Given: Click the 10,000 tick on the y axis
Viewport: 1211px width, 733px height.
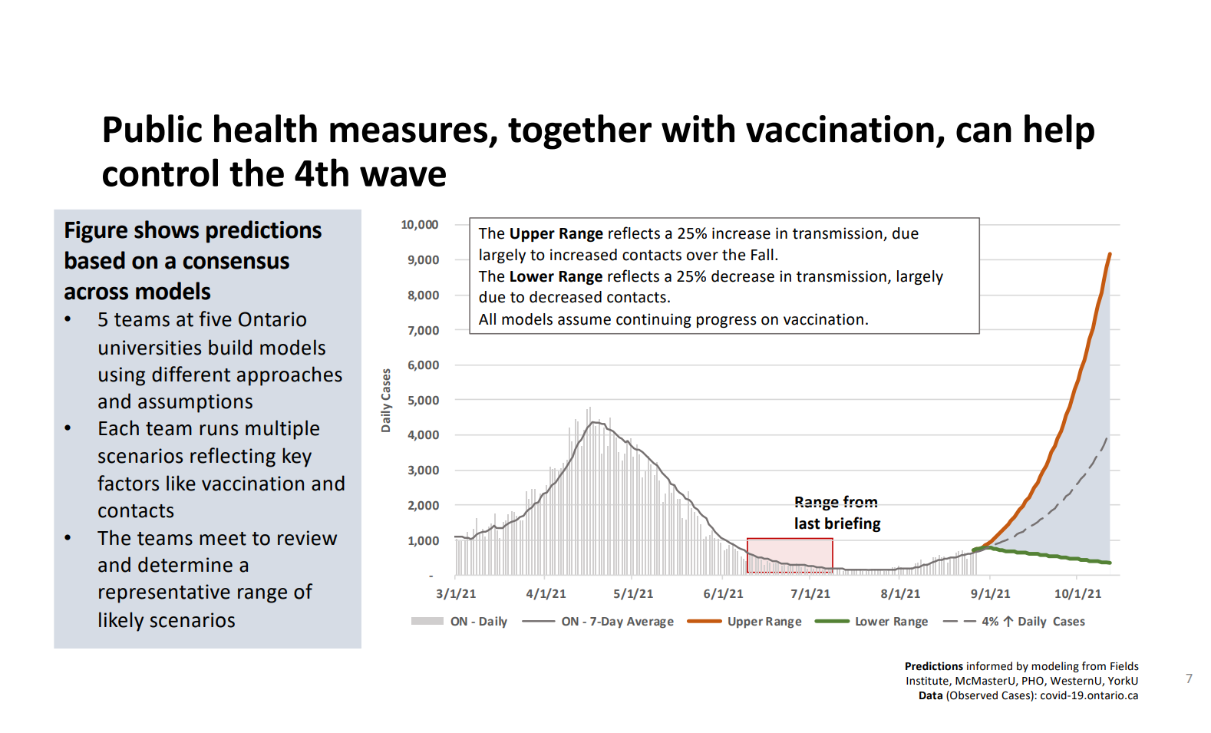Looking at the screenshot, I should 419,225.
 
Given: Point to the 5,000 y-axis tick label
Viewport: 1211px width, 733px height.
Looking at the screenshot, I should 423,400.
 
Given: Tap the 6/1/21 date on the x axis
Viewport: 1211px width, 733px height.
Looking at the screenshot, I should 723,593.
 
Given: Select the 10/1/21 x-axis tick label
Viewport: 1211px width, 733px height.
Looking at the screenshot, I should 1077,593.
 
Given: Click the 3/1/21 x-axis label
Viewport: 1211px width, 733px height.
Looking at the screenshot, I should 456,593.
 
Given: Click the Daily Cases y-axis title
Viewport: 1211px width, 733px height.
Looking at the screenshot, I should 386,400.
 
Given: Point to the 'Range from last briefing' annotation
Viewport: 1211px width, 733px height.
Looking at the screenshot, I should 836,513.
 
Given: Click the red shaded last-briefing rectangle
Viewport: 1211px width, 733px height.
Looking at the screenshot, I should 790,555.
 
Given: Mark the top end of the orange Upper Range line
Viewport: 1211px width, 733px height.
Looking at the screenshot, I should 1109,255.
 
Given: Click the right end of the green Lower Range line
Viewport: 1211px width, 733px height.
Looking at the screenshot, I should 1110,563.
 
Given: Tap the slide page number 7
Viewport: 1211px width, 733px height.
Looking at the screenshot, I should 1189,679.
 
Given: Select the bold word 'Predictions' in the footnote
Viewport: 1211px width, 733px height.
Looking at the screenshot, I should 933,666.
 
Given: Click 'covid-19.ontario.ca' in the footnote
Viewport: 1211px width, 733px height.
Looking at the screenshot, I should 1088,695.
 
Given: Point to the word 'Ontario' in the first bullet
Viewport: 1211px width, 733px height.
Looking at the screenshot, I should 272,319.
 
